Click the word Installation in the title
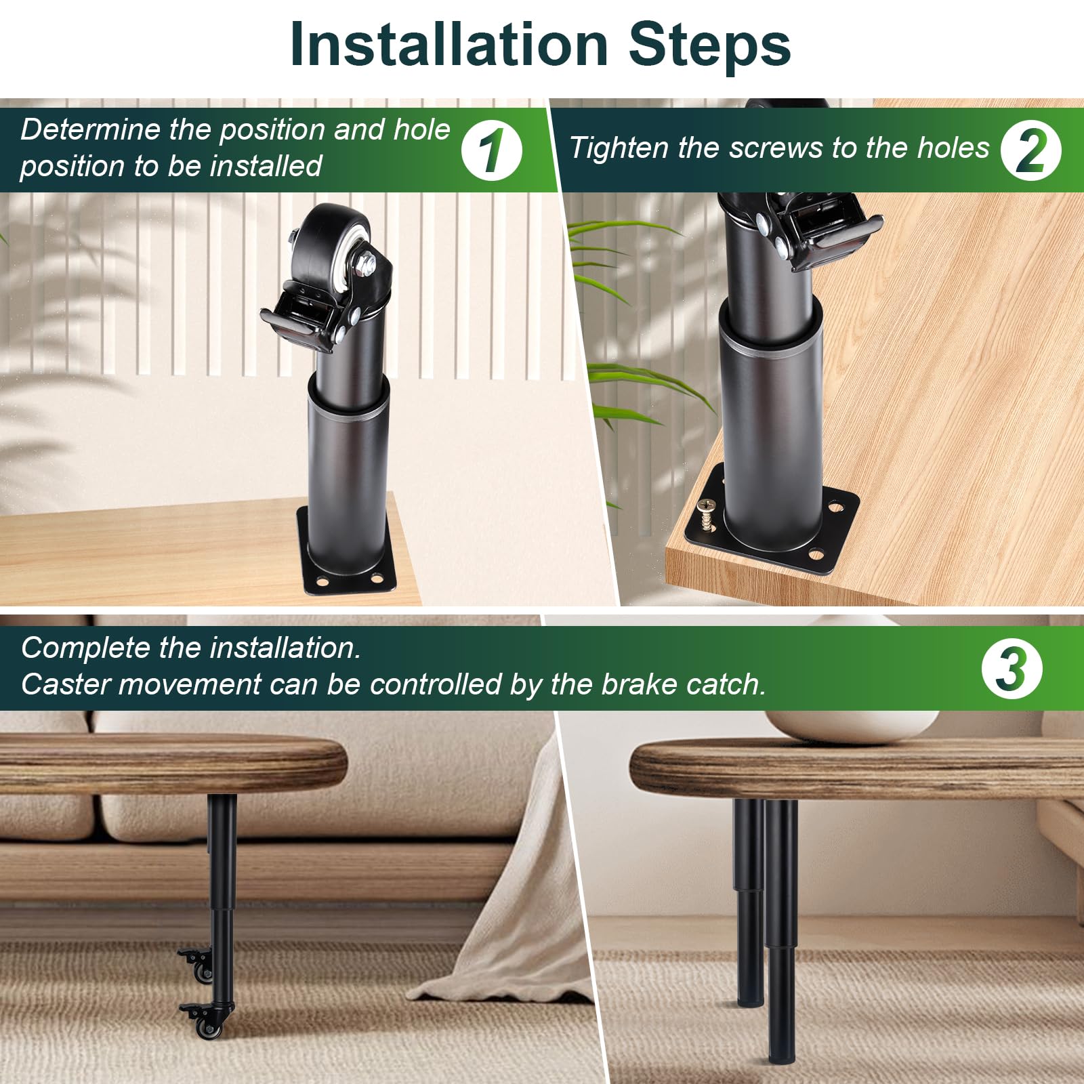tap(449, 45)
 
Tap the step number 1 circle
tap(492, 150)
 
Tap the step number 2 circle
tap(1031, 150)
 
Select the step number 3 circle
tap(1012, 669)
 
